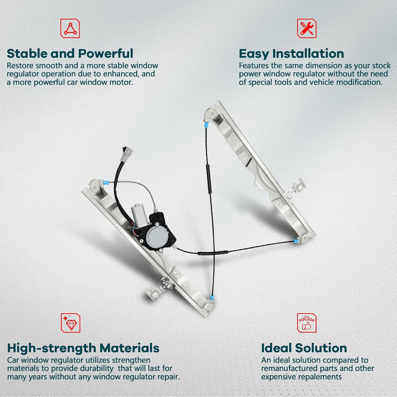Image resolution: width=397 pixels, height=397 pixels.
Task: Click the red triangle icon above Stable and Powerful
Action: pyautogui.click(x=70, y=28)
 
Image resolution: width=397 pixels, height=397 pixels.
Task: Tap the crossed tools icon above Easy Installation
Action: pyautogui.click(x=307, y=28)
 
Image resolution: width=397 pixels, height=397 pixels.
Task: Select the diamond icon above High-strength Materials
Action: pyautogui.click(x=70, y=323)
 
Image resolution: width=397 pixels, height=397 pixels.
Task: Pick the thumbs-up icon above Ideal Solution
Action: pyautogui.click(x=307, y=323)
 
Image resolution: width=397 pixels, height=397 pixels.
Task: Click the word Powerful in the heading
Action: pyautogui.click(x=106, y=53)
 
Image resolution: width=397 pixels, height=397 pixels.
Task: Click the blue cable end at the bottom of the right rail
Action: pyautogui.click(x=296, y=241)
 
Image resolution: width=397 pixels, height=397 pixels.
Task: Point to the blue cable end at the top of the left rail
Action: pyautogui.click(x=106, y=182)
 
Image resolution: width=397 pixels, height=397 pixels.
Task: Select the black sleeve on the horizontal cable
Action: pyautogui.click(x=213, y=253)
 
